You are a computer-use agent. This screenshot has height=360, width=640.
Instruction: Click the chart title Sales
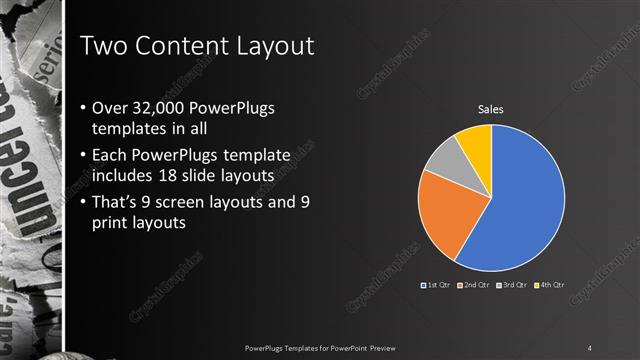point(490,109)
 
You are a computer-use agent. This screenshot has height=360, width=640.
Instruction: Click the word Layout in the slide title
point(272,46)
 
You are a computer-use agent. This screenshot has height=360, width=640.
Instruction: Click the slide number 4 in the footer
point(590,347)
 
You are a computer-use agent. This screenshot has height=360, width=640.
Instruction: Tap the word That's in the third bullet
point(114,203)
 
